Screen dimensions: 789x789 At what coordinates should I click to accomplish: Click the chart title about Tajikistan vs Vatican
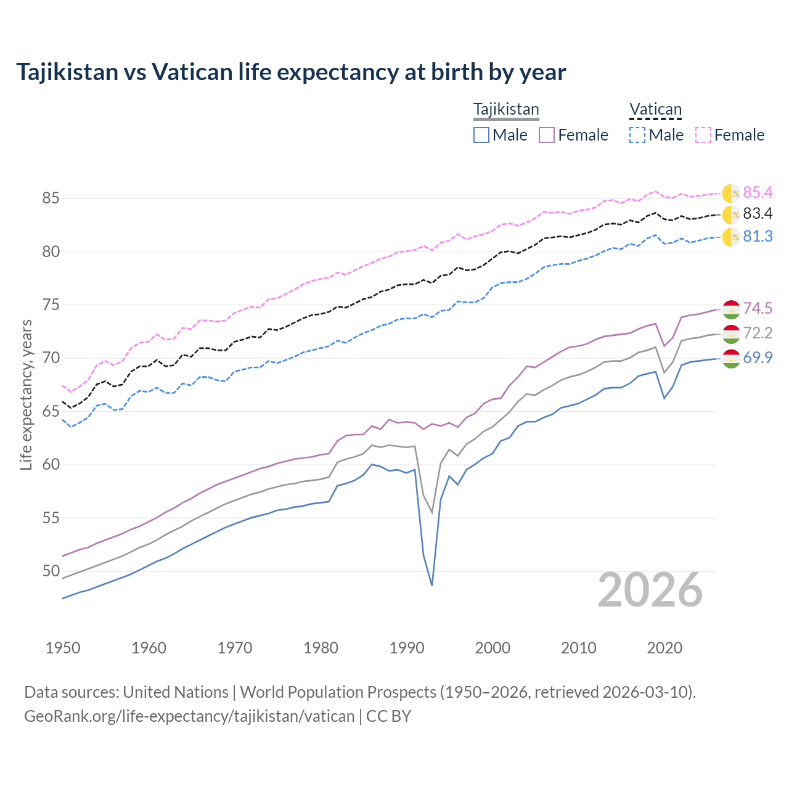tap(291, 72)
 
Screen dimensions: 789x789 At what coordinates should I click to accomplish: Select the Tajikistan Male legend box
tap(481, 135)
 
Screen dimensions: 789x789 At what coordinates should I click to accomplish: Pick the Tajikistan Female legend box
tap(547, 135)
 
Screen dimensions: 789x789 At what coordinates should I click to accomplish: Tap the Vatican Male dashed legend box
tap(637, 135)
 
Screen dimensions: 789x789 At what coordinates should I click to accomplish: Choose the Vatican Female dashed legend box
tap(703, 135)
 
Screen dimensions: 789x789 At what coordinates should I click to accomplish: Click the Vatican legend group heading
tap(655, 110)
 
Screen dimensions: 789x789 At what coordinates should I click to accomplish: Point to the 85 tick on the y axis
tap(51, 198)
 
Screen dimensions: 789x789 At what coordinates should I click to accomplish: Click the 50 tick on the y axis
tap(51, 571)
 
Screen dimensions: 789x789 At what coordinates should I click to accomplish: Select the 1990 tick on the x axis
tap(407, 648)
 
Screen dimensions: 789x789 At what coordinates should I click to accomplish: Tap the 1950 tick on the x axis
tap(63, 648)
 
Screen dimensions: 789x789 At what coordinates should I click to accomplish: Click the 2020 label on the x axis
tap(664, 648)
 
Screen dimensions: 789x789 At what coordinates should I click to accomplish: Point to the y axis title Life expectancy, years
tap(26, 394)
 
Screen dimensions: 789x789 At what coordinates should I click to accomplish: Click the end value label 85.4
tap(758, 193)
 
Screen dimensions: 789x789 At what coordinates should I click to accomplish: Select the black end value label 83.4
tap(758, 214)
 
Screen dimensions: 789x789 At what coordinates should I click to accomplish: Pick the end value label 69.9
tap(758, 358)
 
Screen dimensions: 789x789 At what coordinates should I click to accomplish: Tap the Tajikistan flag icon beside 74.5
tap(731, 309)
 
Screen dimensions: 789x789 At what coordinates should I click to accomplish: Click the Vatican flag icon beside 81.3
tap(731, 237)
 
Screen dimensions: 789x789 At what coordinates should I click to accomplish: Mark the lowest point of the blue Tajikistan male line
tap(432, 585)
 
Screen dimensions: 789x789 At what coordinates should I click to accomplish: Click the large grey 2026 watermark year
tap(650, 591)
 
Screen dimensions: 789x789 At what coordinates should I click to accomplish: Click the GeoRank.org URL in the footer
tap(189, 716)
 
